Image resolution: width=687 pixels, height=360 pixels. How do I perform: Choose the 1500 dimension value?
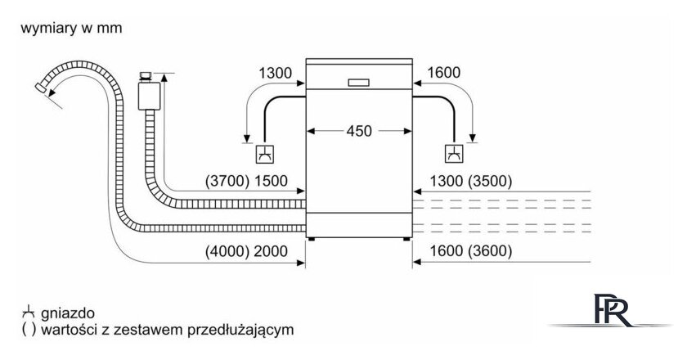tap(272, 182)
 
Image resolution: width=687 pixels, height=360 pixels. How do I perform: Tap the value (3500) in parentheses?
tap(488, 182)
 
